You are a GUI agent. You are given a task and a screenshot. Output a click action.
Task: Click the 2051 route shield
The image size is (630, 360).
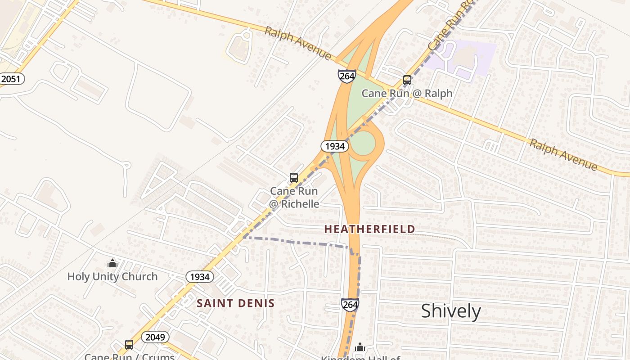click(11, 79)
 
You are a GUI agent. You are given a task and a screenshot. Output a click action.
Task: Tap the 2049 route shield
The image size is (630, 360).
click(155, 337)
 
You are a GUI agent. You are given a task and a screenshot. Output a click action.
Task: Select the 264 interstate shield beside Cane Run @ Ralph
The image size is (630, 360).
click(347, 76)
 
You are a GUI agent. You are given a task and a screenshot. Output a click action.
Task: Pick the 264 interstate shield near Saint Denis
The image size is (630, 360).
click(350, 305)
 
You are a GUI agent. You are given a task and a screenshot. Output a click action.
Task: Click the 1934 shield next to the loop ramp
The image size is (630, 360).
click(335, 146)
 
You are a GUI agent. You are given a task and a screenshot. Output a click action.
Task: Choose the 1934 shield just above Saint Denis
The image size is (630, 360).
click(200, 277)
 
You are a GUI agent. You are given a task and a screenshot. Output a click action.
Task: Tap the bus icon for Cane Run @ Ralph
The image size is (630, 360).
click(407, 80)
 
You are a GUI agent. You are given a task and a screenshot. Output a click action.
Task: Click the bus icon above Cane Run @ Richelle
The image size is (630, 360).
click(294, 178)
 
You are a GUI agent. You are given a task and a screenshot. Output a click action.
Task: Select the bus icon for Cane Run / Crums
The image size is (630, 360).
click(129, 345)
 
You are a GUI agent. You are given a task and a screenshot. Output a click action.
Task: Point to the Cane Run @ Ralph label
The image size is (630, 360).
click(407, 94)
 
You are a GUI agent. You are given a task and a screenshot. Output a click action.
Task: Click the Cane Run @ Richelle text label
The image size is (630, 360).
click(294, 198)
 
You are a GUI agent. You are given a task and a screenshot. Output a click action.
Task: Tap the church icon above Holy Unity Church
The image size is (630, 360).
click(112, 263)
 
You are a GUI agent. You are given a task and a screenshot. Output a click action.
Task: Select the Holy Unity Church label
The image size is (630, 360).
click(112, 276)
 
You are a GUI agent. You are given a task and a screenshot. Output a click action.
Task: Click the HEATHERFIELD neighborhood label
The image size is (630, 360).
click(369, 229)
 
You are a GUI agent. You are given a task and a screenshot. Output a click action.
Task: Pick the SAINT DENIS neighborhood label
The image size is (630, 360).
click(235, 303)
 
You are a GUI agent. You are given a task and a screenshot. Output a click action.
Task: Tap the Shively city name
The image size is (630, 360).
click(451, 311)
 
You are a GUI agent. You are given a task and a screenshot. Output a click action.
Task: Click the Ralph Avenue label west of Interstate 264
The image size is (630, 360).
click(297, 43)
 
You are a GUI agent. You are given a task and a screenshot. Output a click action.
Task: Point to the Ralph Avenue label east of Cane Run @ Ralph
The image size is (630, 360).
click(563, 154)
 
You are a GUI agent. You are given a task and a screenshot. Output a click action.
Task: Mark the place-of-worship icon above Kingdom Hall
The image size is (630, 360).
click(360, 347)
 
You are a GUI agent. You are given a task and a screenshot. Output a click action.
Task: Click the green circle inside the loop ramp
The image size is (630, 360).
click(363, 143)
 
